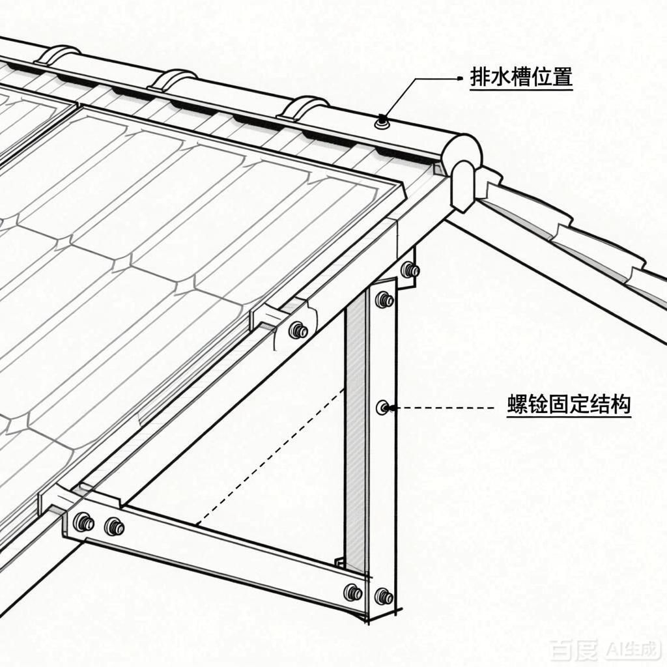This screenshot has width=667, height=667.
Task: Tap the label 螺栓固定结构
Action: pyautogui.click(x=569, y=405)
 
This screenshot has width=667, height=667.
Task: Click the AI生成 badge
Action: pyautogui.click(x=632, y=649)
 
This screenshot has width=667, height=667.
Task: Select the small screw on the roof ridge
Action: pyautogui.click(x=381, y=121)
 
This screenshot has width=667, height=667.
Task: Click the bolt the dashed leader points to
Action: pyautogui.click(x=383, y=408)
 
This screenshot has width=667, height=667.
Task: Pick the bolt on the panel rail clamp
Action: pyautogui.click(x=298, y=330)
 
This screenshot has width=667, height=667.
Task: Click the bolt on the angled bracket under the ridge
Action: pyautogui.click(x=409, y=269)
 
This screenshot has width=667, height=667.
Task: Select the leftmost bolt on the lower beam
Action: pyautogui.click(x=83, y=522)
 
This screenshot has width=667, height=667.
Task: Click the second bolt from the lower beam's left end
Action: pyautogui.click(x=114, y=526)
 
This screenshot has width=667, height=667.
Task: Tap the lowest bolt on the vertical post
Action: pyautogui.click(x=384, y=595)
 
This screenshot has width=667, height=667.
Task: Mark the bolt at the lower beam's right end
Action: pyautogui.click(x=353, y=592)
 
